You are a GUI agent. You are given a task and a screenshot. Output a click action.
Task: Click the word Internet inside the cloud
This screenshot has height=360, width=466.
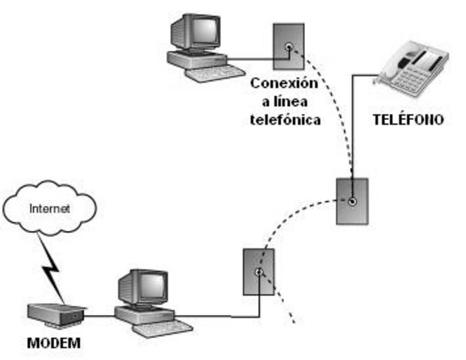[49, 209]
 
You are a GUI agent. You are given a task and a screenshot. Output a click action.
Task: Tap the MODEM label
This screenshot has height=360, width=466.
[53, 344]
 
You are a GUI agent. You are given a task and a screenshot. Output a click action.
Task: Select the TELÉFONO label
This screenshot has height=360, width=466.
[408, 119]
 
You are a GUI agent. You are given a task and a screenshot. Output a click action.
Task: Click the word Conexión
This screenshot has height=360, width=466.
[284, 82]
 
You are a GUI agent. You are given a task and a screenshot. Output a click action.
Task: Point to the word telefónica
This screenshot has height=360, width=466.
[285, 119]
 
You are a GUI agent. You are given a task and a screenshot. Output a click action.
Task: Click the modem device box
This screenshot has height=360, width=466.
[55, 315]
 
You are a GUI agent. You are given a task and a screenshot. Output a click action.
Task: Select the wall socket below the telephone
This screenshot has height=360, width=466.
[352, 199]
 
